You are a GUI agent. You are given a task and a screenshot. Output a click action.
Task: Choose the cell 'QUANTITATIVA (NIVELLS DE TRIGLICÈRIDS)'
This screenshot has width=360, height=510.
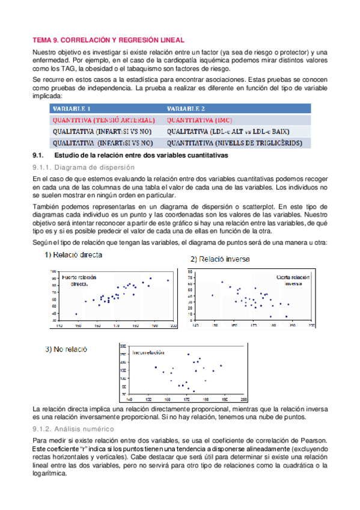click(x=239, y=143)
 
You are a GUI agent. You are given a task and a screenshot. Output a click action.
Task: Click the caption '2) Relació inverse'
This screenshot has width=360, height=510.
click(x=221, y=259)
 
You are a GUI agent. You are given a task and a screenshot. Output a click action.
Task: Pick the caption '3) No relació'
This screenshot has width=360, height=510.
click(x=66, y=349)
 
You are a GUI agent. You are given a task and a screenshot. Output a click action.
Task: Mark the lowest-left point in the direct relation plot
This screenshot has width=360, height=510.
click(x=76, y=314)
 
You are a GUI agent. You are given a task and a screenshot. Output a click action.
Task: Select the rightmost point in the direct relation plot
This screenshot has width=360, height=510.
click(x=168, y=280)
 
